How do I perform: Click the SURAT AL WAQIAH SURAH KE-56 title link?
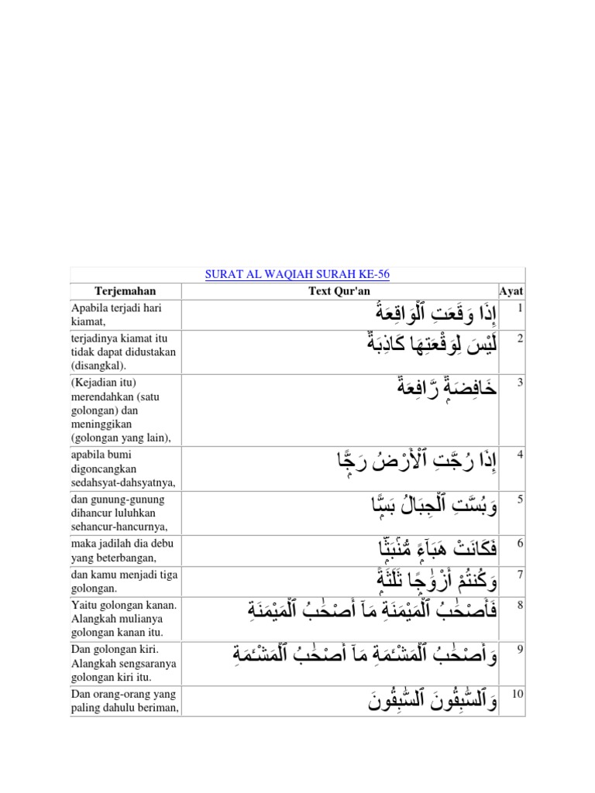coord(297,275)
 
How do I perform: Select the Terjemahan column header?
coord(125,291)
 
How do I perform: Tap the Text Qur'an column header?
coord(340,291)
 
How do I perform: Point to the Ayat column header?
coord(511,291)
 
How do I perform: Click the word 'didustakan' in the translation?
coord(150,352)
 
